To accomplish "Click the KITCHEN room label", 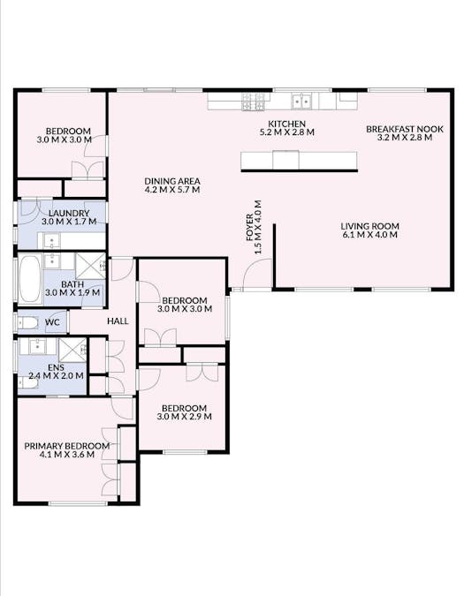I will tap(287, 124).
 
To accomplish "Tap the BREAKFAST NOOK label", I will tap(403, 129).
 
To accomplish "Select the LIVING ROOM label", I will tap(369, 226).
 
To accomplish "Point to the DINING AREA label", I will tap(172, 182).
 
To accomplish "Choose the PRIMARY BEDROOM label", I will tap(67, 446).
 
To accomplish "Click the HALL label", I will tap(118, 321).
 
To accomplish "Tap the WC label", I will tap(52, 322).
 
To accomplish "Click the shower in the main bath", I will tap(90, 265).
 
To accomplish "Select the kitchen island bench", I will tap(299, 160).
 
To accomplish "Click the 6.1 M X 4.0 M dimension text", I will tap(369, 236).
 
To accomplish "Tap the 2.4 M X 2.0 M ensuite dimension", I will tap(55, 376).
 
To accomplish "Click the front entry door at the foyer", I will tap(257, 288).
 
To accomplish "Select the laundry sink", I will tap(51, 240).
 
